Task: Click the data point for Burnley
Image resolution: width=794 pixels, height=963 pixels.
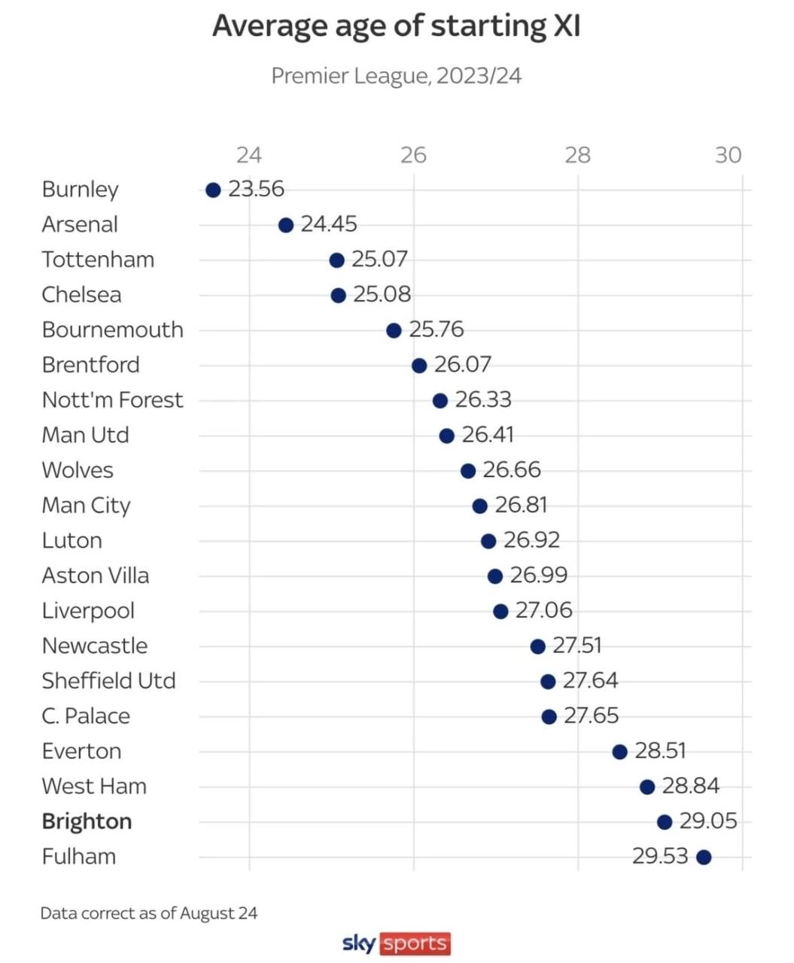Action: point(213,190)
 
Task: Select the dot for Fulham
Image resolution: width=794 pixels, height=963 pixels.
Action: point(704,857)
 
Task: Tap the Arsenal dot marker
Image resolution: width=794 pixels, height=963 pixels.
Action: point(286,225)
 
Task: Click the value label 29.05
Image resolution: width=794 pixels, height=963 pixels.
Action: point(707,821)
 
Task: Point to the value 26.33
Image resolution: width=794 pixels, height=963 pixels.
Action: point(483,399)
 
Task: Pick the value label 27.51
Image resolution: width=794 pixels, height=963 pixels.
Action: point(576,646)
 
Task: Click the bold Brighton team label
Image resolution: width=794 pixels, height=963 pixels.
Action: point(87,822)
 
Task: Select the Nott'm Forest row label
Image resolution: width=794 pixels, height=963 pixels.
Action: point(112,399)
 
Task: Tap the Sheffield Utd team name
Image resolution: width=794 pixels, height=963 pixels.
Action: point(108,681)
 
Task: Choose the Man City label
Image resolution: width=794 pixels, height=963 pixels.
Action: point(86,506)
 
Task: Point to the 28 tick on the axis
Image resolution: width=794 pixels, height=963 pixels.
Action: point(577,155)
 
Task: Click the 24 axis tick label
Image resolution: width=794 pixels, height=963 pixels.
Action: point(248,155)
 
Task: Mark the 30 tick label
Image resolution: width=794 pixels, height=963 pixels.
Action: point(728,155)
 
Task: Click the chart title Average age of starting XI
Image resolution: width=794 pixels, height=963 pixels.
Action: point(396,26)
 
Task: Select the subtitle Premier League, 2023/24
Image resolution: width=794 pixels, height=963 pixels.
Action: point(396,76)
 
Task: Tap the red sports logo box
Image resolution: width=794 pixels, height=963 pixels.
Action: point(415,943)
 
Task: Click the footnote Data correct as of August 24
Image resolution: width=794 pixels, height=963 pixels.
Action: point(149,913)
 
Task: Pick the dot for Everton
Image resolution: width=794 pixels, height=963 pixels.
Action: point(619,752)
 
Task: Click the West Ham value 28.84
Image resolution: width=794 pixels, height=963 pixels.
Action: point(690,786)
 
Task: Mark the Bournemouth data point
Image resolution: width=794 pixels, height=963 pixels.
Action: point(394,330)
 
